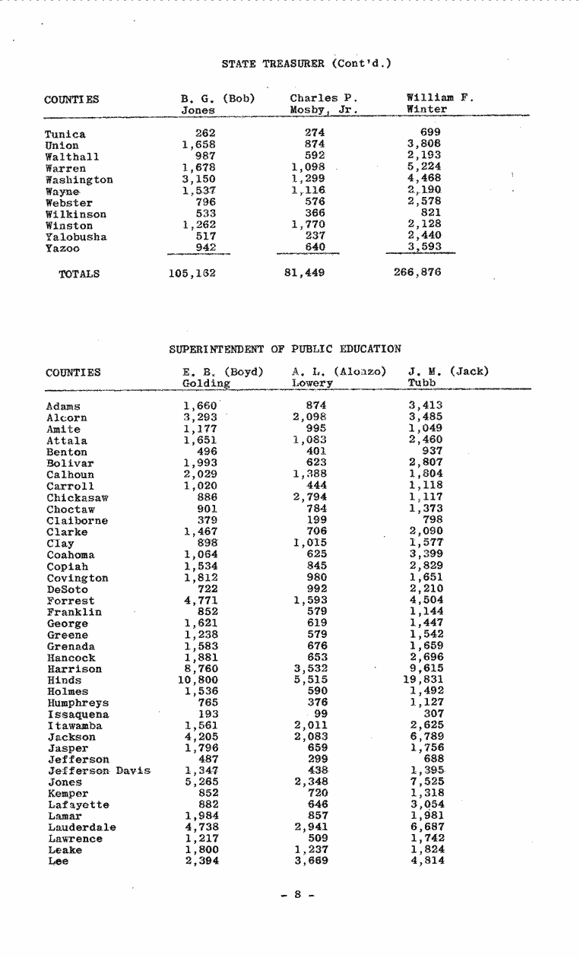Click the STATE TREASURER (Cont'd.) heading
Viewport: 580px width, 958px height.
(x=306, y=63)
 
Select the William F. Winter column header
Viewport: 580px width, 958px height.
(x=439, y=103)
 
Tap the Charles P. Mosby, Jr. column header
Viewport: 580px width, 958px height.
(x=323, y=103)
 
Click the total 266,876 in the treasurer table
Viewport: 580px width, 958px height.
(x=418, y=272)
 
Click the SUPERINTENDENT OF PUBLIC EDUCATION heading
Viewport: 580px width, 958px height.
(x=284, y=349)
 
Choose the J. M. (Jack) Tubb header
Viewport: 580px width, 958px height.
(x=448, y=378)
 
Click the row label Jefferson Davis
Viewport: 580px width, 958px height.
(x=98, y=771)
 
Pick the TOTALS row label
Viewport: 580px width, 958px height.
(x=79, y=273)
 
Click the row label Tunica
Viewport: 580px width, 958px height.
(x=66, y=135)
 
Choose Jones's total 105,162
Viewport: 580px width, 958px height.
(x=192, y=272)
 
